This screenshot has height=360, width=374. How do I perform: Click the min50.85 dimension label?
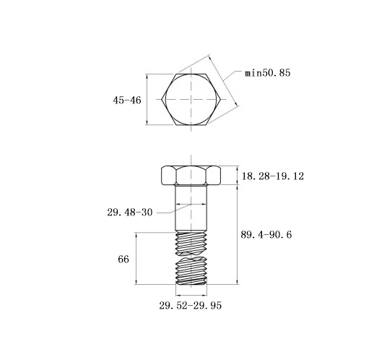pyautogui.click(x=268, y=72)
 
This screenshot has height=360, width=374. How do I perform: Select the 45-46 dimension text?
pyautogui.click(x=127, y=100)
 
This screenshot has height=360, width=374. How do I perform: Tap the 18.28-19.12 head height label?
pyautogui.click(x=273, y=176)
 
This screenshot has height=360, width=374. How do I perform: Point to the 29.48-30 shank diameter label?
pyautogui.click(x=130, y=213)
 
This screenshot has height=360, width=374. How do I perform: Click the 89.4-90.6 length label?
pyautogui.click(x=266, y=234)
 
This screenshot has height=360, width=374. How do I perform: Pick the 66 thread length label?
pyautogui.click(x=123, y=260)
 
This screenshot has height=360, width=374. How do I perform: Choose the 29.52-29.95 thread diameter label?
pyautogui.click(x=190, y=306)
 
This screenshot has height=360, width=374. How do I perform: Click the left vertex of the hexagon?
pyautogui.click(x=162, y=99)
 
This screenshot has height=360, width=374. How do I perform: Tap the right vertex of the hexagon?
pyautogui.click(x=220, y=99)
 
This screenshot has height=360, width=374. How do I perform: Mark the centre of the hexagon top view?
pyautogui.click(x=191, y=99)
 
